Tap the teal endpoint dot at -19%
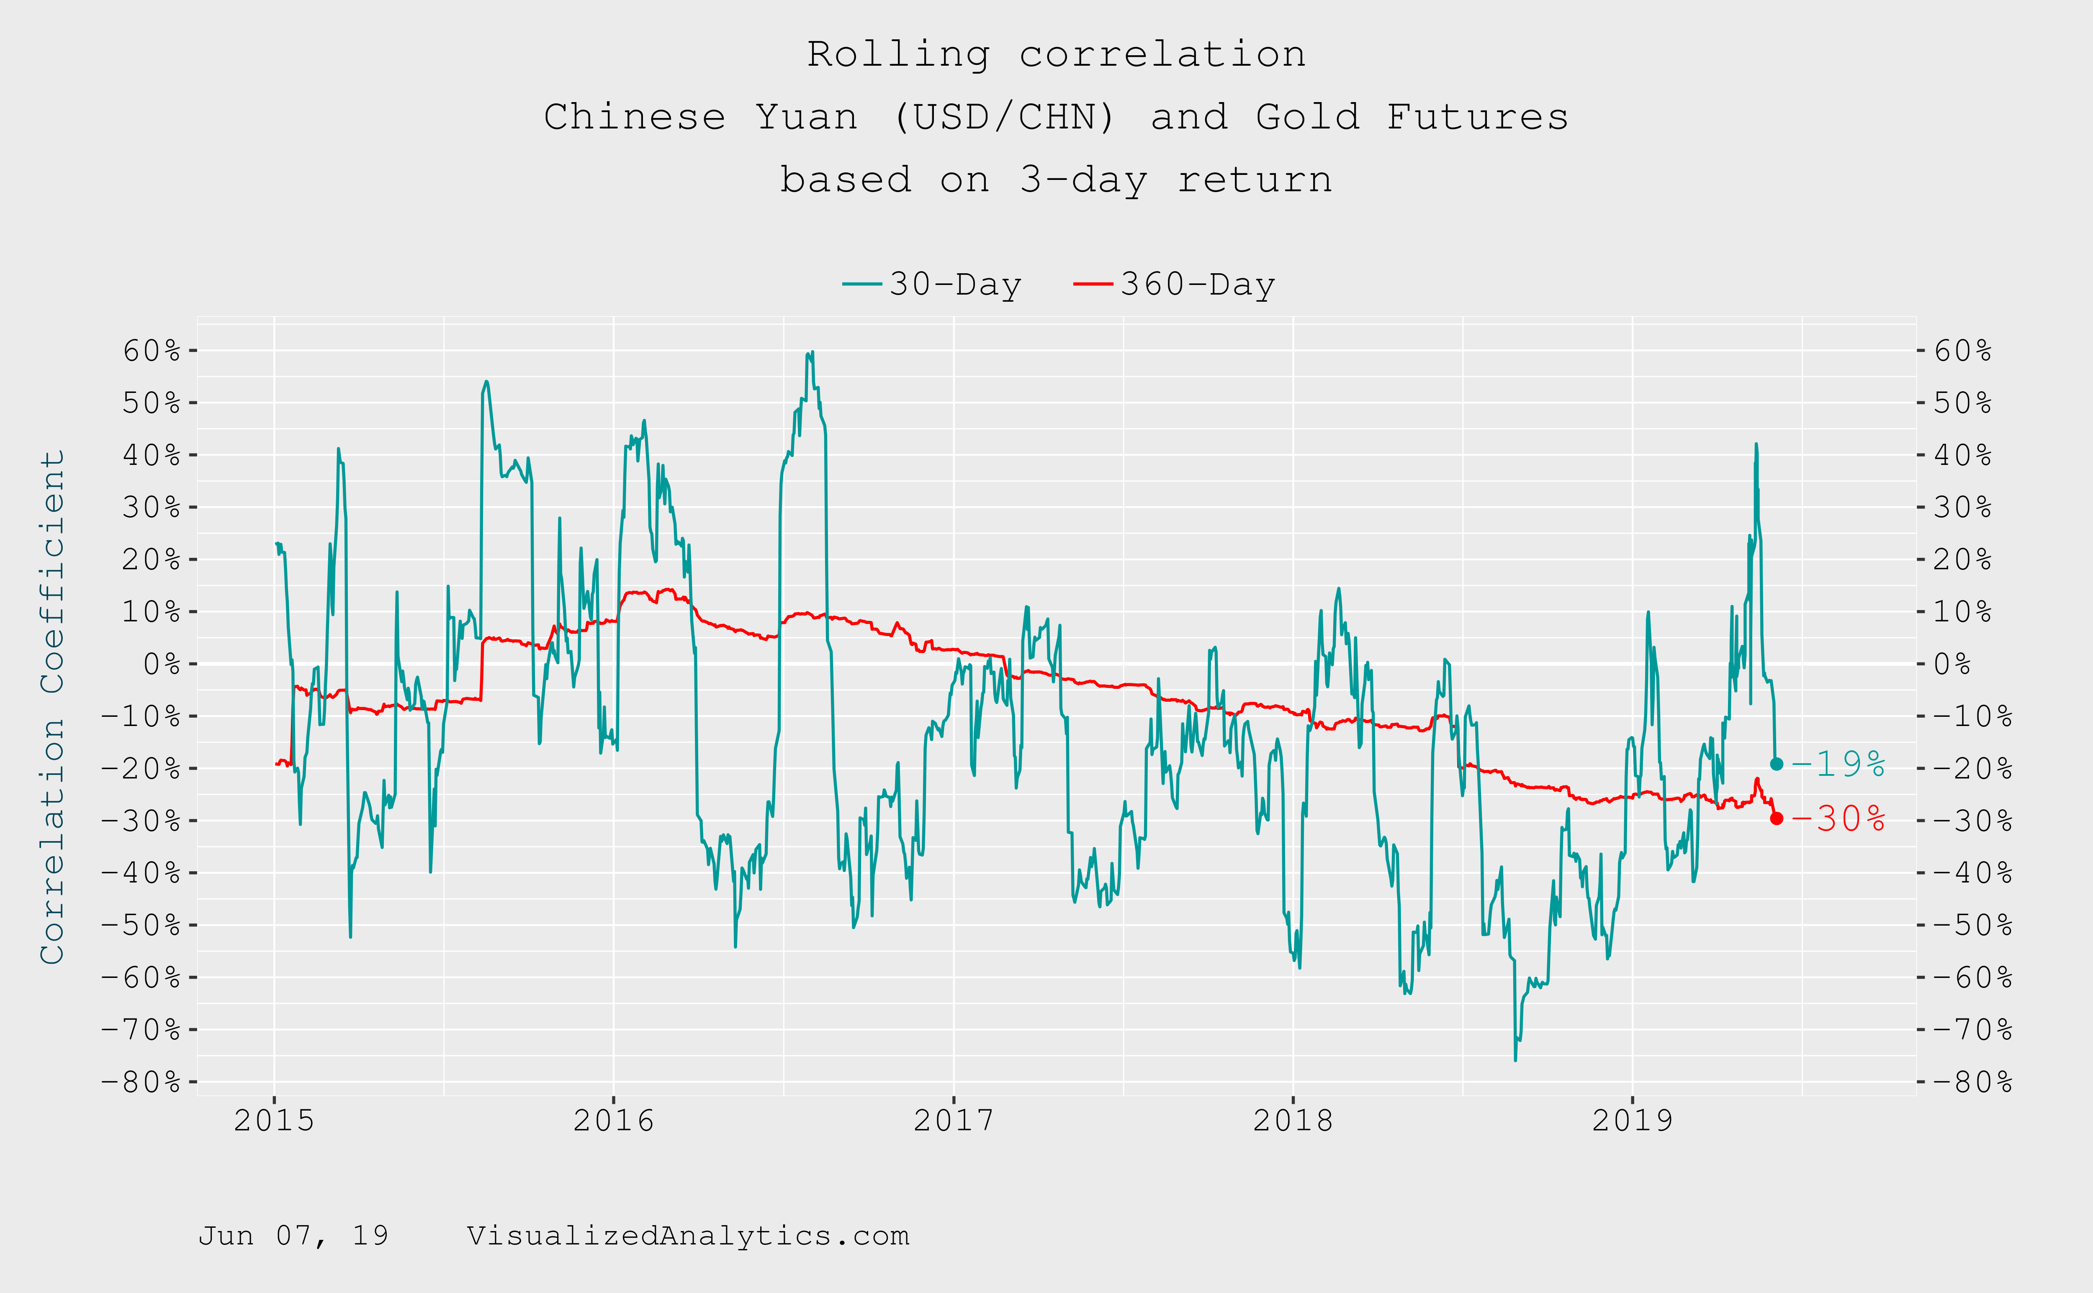[x=1777, y=764]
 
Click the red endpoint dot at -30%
[x=1777, y=818]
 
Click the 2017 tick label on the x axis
[x=953, y=1120]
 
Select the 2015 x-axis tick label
[x=274, y=1120]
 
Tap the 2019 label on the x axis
[x=1632, y=1120]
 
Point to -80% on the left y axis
[x=141, y=1082]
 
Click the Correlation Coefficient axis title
[x=53, y=707]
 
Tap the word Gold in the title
[x=1307, y=117]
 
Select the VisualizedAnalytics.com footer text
[x=688, y=1236]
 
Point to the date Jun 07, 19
[x=293, y=1236]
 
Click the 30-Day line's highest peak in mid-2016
[x=812, y=351]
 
